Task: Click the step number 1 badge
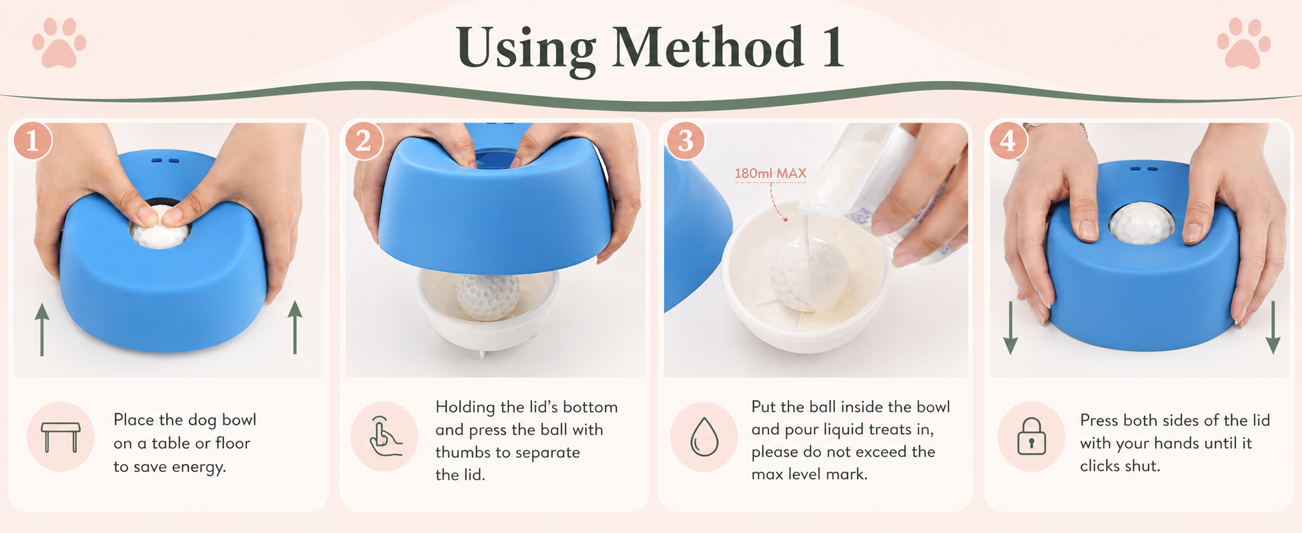32,140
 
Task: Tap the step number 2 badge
363,140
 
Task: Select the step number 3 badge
686,140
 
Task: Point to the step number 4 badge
1008,140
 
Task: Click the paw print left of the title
59,43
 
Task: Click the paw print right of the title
1244,43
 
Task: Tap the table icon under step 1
60,437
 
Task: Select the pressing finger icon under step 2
385,436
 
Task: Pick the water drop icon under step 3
704,437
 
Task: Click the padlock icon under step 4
1032,436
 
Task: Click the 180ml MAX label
771,173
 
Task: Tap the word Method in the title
707,48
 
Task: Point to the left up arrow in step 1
42,330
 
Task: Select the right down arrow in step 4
1273,327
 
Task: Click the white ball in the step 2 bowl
488,296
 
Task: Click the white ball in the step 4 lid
1141,223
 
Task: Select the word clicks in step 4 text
1099,466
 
